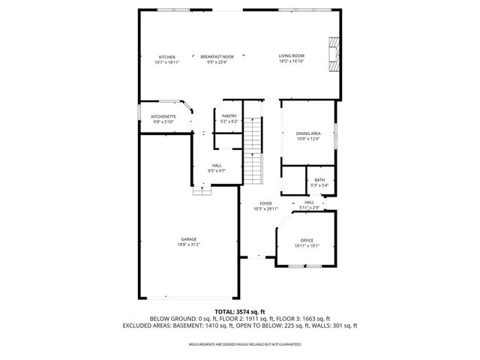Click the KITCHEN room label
(x=166, y=57)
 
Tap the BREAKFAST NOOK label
(x=216, y=57)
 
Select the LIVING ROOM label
(x=291, y=57)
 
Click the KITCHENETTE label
(x=163, y=116)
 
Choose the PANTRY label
(x=229, y=116)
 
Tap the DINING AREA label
(x=308, y=133)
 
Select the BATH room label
(x=319, y=180)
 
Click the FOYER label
(x=265, y=203)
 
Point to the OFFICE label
(x=307, y=240)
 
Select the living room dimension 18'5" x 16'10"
(x=291, y=62)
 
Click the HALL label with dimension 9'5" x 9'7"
(x=216, y=165)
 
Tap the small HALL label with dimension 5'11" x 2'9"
(x=308, y=202)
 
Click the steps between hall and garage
(x=201, y=191)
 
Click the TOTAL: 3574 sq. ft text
(x=240, y=310)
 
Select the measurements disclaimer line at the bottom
(x=240, y=344)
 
